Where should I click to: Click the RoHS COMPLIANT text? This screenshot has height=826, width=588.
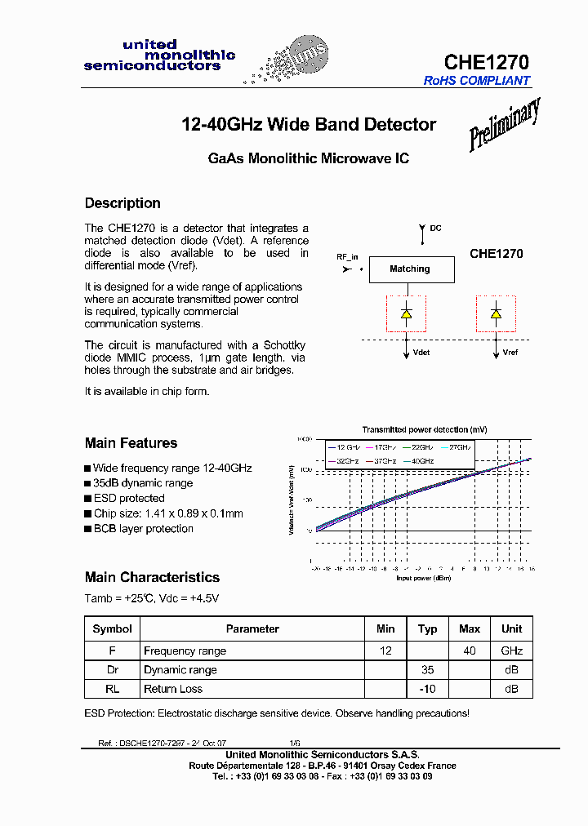(x=477, y=81)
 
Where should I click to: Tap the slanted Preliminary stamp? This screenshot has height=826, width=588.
(x=504, y=124)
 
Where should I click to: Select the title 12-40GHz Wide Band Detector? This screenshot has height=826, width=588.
(x=308, y=125)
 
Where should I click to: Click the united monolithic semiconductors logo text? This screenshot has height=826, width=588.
(x=159, y=56)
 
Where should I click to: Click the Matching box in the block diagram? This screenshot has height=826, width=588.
(x=409, y=269)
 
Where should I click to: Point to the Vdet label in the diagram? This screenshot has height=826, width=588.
(x=421, y=353)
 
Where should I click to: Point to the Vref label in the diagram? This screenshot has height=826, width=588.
(x=510, y=353)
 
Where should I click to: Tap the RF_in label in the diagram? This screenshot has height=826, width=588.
(x=347, y=256)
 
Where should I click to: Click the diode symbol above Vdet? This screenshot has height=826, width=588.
(x=407, y=313)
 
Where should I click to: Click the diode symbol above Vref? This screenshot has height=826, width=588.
(x=495, y=313)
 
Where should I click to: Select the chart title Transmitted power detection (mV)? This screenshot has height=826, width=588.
(x=425, y=429)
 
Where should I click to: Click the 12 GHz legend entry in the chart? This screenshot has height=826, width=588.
(x=343, y=447)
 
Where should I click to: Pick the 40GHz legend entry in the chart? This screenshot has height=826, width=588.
(x=421, y=461)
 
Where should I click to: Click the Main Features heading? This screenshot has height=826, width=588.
(x=131, y=443)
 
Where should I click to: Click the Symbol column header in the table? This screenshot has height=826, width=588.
(x=113, y=628)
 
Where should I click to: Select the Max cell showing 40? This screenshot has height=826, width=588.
(x=470, y=651)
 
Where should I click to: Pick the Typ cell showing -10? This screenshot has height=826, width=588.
(x=427, y=689)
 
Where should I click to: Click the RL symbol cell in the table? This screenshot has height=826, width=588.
(x=113, y=689)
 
